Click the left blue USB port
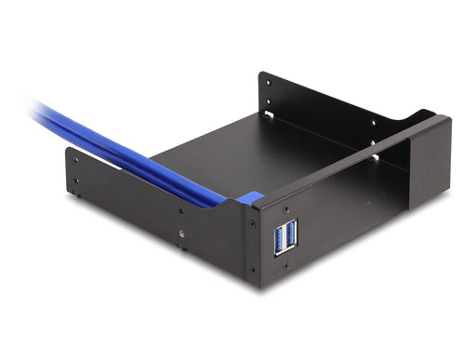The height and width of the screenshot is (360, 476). (278, 238)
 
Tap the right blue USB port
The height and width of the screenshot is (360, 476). (291, 233)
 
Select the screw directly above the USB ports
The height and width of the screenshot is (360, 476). (285, 208)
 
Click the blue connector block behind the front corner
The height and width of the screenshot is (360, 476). (249, 197)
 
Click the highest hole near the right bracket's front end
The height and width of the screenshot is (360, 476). (376, 123)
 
